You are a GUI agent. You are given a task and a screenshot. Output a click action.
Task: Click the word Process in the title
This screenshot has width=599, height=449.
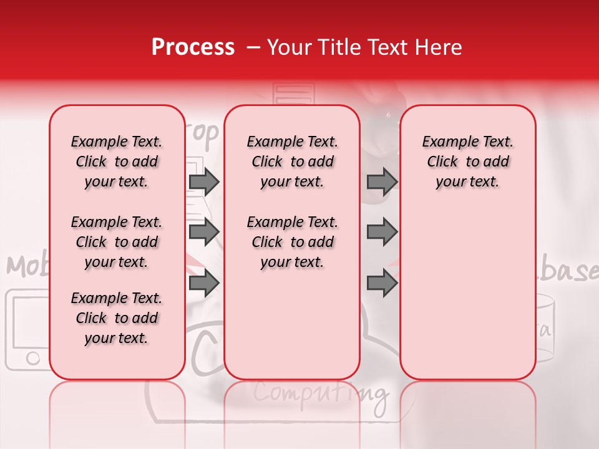click(x=192, y=47)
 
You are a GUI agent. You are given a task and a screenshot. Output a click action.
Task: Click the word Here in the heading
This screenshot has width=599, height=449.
click(x=439, y=47)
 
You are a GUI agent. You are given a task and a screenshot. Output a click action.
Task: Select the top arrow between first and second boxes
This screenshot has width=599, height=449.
click(x=204, y=181)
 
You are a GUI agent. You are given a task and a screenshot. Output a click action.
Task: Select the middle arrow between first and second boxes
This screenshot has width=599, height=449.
click(x=204, y=232)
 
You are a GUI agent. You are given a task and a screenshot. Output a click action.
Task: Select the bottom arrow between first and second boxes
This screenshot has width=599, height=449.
click(x=204, y=284)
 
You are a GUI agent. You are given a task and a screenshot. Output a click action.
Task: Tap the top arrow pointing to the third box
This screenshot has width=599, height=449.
click(x=382, y=181)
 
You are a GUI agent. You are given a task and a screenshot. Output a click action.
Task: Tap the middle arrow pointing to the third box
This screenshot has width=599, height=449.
click(x=382, y=232)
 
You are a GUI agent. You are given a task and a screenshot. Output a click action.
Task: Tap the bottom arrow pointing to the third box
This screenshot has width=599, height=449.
click(x=382, y=284)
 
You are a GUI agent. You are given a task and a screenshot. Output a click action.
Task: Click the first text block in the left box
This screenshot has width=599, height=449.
click(x=117, y=162)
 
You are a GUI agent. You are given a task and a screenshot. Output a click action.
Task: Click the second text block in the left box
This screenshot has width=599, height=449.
click(x=117, y=242)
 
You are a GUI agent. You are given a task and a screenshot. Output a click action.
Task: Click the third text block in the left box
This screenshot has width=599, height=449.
click(x=117, y=318)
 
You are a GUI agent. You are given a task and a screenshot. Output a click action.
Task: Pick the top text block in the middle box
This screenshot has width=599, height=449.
click(x=292, y=162)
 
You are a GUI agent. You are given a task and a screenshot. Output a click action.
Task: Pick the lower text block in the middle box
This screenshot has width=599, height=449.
click(x=292, y=242)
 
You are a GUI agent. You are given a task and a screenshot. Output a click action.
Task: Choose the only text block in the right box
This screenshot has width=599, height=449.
click(x=467, y=162)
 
